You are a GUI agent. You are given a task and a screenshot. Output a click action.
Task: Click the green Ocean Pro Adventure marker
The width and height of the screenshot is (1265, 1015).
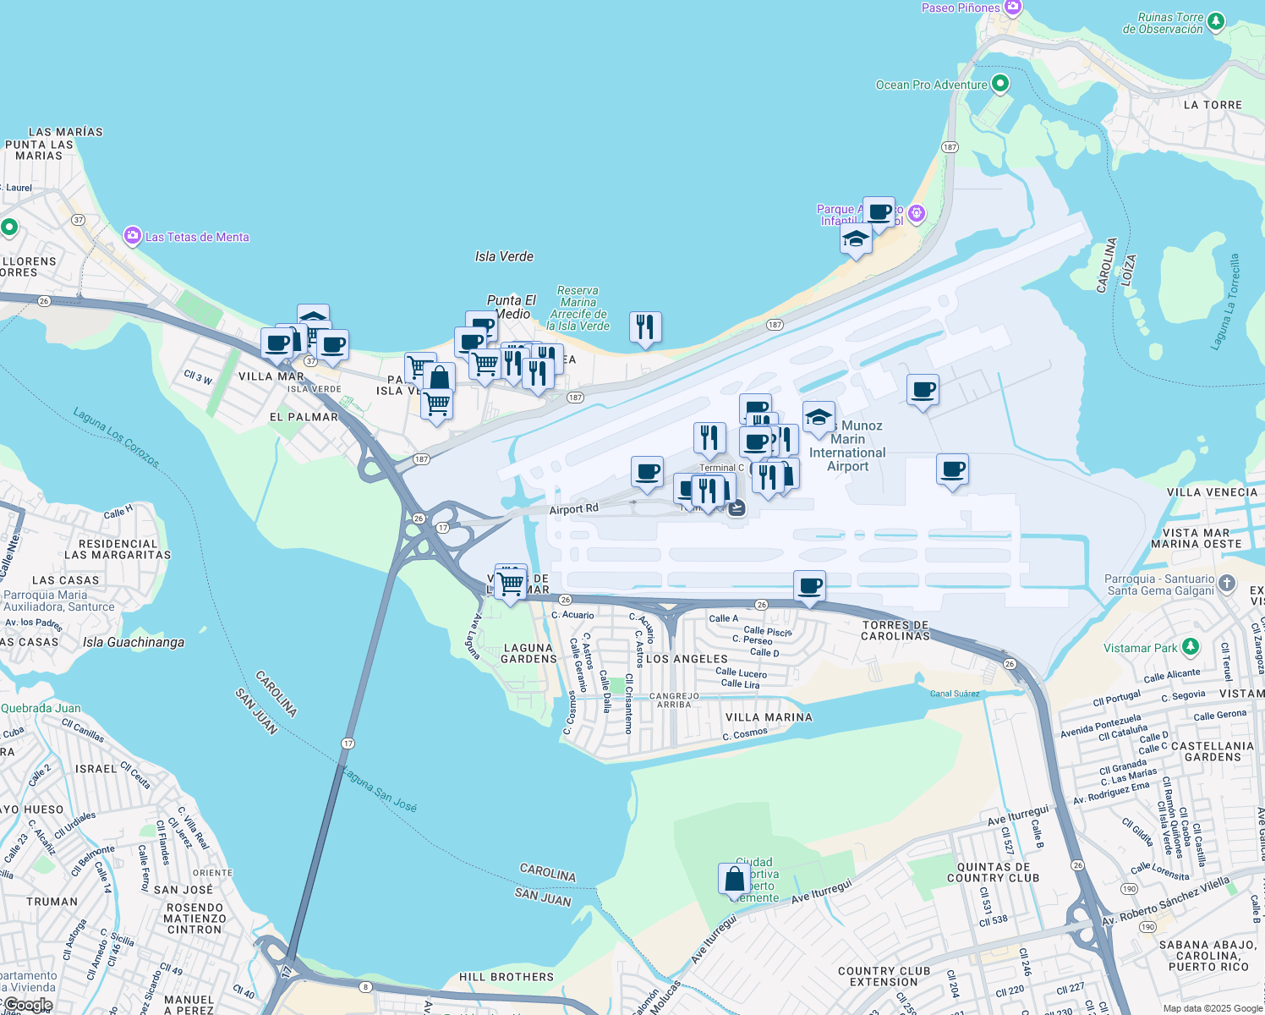pyautogui.click(x=1000, y=84)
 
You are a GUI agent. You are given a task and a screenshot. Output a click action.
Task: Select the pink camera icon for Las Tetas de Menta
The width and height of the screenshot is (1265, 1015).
pyautogui.click(x=132, y=236)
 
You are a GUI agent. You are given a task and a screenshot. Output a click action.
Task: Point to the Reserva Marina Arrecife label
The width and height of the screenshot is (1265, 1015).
pyautogui.click(x=578, y=308)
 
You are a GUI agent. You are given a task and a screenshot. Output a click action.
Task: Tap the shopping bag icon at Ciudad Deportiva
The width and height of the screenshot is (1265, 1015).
pyautogui.click(x=734, y=879)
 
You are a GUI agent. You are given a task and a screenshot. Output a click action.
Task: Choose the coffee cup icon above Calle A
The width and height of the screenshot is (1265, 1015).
pyautogui.click(x=809, y=586)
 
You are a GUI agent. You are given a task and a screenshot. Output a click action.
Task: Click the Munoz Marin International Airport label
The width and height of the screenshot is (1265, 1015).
pyautogui.click(x=847, y=446)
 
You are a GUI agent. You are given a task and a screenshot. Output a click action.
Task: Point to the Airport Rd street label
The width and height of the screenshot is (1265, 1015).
pyautogui.click(x=573, y=509)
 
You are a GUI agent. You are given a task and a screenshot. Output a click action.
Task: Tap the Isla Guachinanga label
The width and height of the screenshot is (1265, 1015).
pyautogui.click(x=134, y=642)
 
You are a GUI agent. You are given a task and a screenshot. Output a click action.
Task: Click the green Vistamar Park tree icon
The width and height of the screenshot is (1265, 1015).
pyautogui.click(x=1191, y=647)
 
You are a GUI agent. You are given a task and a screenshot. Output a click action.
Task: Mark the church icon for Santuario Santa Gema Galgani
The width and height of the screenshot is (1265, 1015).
pyautogui.click(x=1228, y=584)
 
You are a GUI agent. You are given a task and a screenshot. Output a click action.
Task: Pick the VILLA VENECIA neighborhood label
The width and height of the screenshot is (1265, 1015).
pyautogui.click(x=1212, y=492)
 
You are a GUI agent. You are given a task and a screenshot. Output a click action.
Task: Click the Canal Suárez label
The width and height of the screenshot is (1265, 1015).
pyautogui.click(x=955, y=694)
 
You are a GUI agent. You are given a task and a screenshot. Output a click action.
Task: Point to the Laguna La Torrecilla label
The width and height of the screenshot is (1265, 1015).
pyautogui.click(x=1224, y=301)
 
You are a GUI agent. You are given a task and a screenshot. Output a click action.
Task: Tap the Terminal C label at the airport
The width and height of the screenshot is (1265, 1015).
pyautogui.click(x=721, y=468)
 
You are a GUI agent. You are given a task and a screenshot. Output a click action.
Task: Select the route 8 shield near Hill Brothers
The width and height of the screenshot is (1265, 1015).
pyautogui.click(x=365, y=986)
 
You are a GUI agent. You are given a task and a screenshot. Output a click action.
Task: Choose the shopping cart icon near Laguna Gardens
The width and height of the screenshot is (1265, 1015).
pyautogui.click(x=511, y=582)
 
